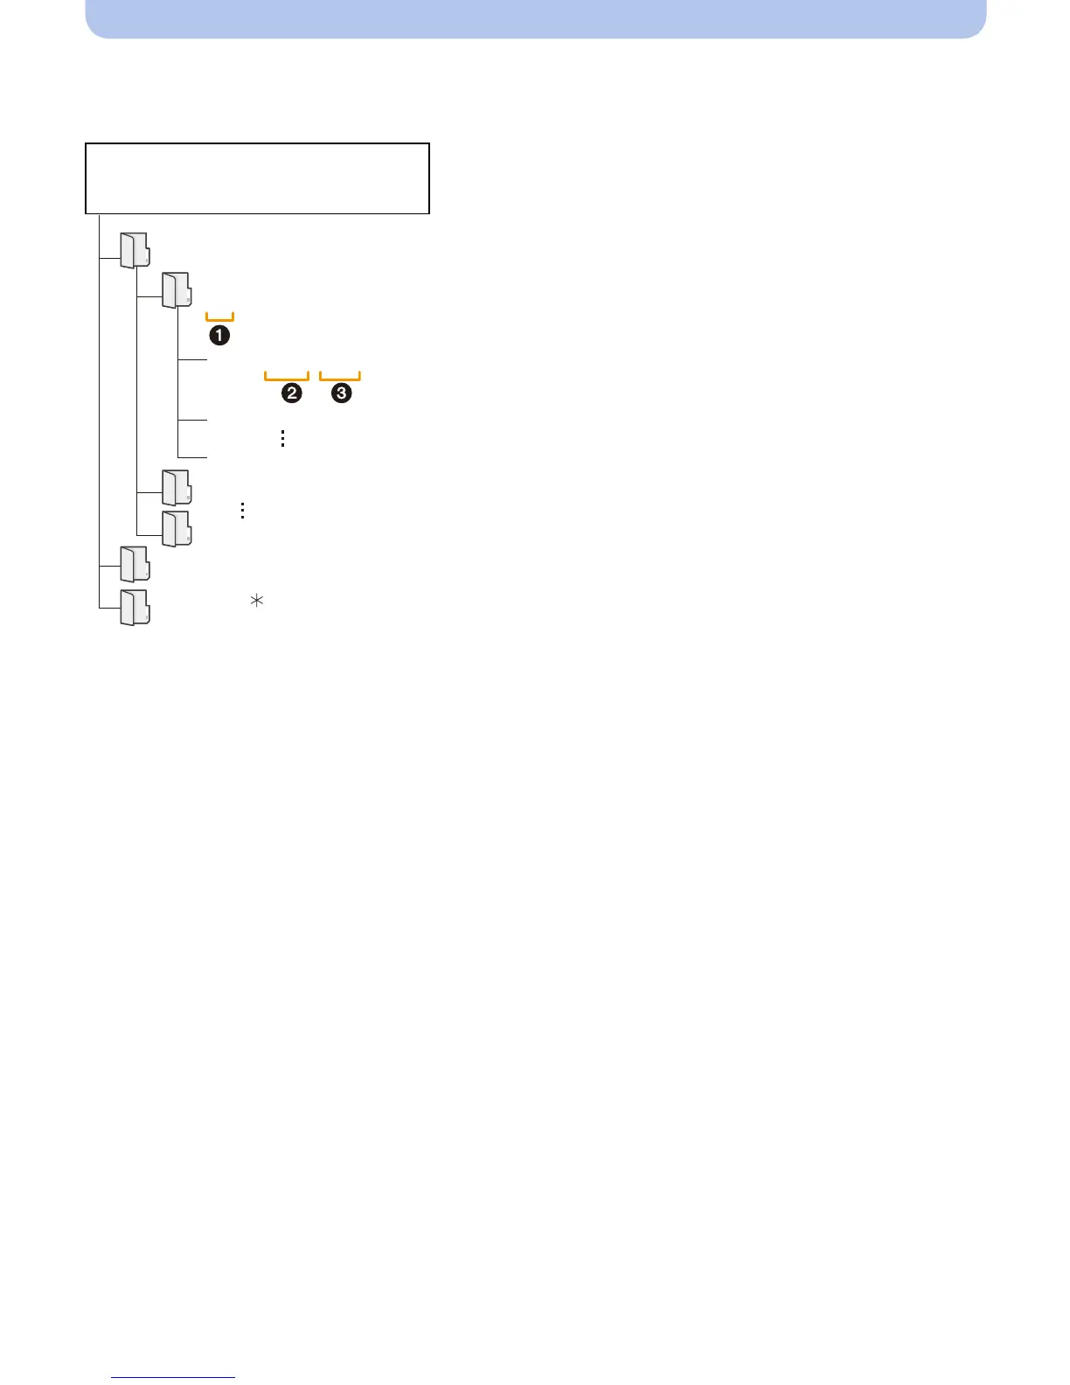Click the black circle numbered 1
219,335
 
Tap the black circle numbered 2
291,393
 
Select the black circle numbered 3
341,393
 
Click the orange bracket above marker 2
287,377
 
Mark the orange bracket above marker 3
340,377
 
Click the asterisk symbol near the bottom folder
257,601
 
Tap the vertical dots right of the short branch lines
282,438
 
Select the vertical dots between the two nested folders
242,511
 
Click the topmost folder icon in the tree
135,250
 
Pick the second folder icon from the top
177,289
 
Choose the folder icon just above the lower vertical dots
177,487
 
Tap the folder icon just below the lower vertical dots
177,529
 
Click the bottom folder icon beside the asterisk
135,607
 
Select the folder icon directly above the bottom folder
135,564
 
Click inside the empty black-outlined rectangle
257,178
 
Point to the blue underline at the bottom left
173,1377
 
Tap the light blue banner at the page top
535,17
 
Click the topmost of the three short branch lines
192,359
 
